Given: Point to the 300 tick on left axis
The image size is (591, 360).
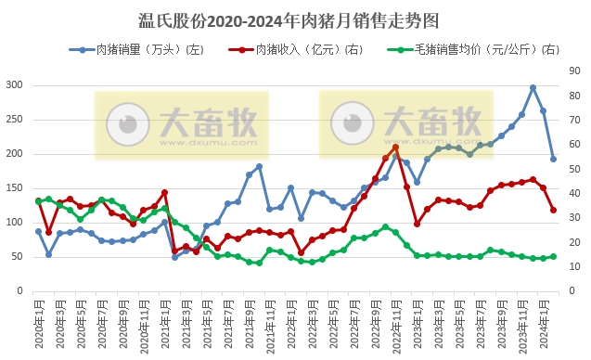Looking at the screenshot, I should pyautogui.click(x=14, y=85).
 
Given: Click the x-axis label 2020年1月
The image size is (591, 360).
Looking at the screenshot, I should pyautogui.click(x=39, y=323).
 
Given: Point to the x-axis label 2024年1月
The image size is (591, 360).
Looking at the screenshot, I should pyautogui.click(x=543, y=323).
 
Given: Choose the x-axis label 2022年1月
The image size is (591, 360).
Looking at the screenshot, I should pyautogui.click(x=290, y=323).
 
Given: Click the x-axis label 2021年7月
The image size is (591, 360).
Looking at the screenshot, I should pyautogui.click(x=228, y=323).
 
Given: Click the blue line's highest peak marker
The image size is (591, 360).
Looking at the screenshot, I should pyautogui.click(x=533, y=88).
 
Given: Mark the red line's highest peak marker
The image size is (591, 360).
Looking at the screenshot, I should pyautogui.click(x=396, y=147).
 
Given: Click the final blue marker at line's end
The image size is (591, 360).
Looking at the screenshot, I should pyautogui.click(x=554, y=159).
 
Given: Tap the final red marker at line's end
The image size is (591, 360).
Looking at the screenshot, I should pyautogui.click(x=554, y=210).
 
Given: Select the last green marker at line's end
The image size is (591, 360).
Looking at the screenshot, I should pyautogui.click(x=554, y=257).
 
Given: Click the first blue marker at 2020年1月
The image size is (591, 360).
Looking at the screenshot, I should pyautogui.click(x=39, y=231).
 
